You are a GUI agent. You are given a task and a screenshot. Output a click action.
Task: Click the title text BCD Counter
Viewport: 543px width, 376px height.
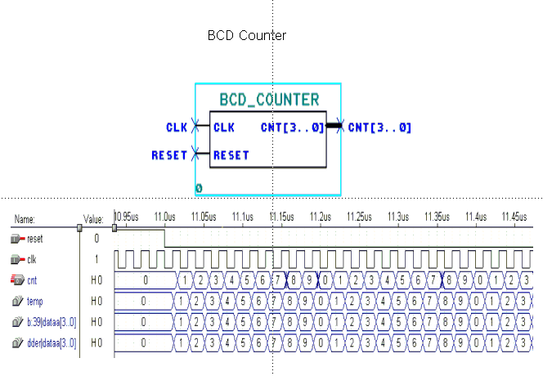coord(246,36)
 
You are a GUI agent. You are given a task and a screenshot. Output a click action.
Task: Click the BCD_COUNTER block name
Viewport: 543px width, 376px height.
coord(269,101)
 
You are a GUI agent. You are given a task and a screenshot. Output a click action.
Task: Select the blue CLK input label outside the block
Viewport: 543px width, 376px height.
coord(177,128)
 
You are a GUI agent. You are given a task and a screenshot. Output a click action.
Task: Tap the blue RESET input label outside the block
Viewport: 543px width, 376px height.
coord(170,155)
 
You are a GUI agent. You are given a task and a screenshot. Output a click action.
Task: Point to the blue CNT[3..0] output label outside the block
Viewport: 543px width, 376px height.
coord(379,128)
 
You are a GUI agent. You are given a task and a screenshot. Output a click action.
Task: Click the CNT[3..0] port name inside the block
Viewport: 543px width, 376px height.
coord(292,128)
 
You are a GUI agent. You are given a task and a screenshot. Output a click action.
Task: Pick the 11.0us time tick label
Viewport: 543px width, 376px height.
coord(164,217)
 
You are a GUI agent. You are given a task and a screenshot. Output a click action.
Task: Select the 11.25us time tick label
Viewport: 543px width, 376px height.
coord(357,217)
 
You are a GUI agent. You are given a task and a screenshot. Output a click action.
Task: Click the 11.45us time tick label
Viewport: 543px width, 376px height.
coord(514,217)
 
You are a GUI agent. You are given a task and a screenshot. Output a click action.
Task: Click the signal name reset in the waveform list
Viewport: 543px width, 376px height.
coord(34,239)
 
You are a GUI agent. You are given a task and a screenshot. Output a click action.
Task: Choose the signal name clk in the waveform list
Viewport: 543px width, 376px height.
coord(32,260)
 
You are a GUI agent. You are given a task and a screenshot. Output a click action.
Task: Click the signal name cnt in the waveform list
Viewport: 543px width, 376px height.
coord(32,280)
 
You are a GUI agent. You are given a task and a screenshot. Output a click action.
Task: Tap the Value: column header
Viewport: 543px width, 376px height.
coord(93,219)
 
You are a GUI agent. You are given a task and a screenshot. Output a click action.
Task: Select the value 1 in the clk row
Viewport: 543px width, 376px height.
coord(96,260)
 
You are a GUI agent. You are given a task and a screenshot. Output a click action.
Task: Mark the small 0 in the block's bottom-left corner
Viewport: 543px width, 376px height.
coord(199,189)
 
